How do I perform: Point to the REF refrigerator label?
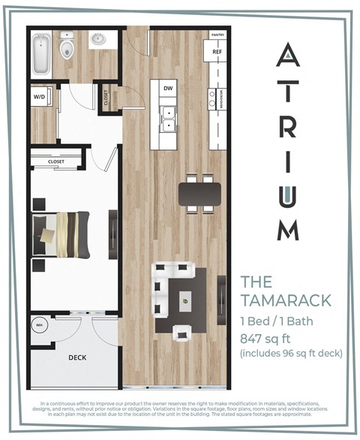click(217, 52)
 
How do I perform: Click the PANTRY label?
click(217, 35)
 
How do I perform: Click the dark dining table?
click(200, 194)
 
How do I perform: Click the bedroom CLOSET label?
click(56, 161)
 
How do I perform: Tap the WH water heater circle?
click(40, 325)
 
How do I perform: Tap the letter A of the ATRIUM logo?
click(289, 57)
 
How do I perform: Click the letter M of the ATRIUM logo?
click(289, 228)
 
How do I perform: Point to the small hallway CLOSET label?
click(105, 97)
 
